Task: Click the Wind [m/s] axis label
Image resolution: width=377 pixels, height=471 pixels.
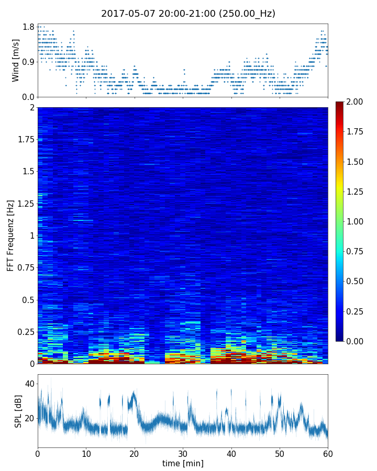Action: point(16,60)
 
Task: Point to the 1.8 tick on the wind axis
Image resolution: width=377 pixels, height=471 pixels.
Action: point(28,27)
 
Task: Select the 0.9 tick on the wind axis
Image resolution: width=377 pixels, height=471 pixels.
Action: point(28,62)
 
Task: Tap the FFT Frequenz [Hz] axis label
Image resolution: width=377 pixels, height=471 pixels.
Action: point(10,235)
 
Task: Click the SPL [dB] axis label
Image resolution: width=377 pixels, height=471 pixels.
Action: point(18,411)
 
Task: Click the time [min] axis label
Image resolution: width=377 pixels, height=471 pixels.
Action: point(183,463)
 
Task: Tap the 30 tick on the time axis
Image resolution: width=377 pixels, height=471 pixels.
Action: point(183,453)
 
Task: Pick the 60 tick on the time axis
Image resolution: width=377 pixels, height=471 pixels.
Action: point(328,453)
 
